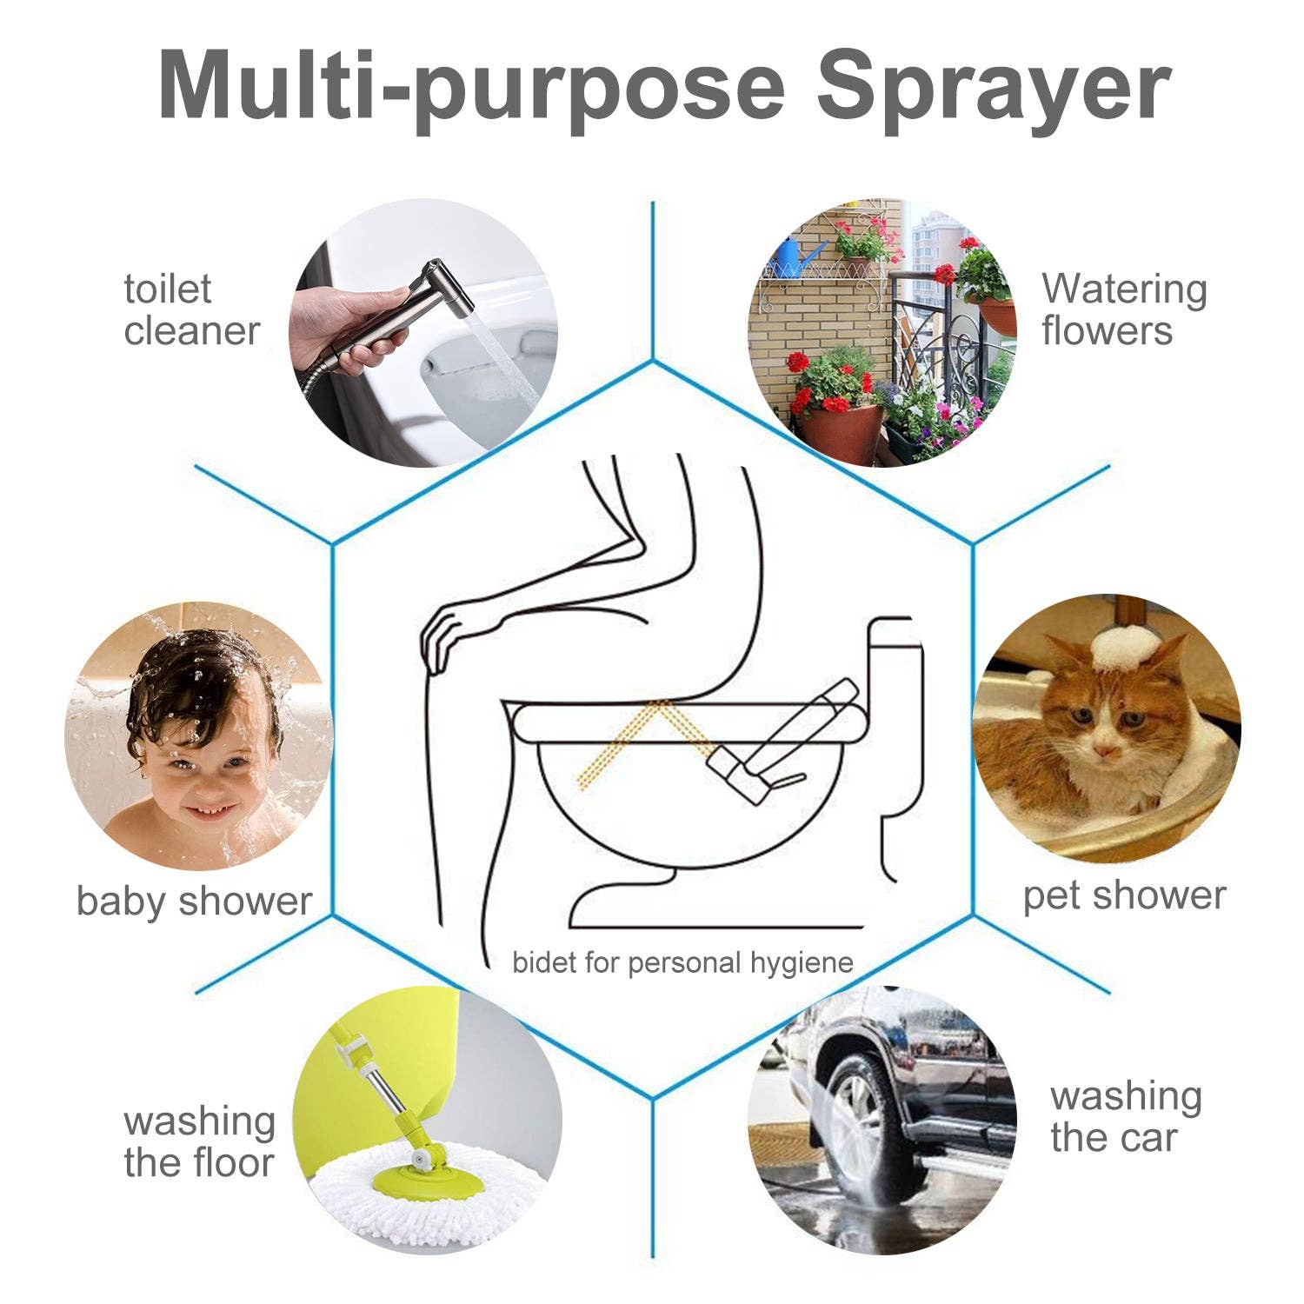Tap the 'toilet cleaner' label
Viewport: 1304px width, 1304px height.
tap(191, 310)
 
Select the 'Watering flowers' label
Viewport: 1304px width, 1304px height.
tap(1123, 310)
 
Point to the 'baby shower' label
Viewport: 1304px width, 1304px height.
tap(193, 901)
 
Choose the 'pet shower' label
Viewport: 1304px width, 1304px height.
tap(1123, 895)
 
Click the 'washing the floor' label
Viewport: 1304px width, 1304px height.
tap(198, 1141)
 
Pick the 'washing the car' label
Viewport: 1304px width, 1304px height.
tap(1125, 1116)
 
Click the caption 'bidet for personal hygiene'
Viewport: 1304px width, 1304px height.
tap(682, 962)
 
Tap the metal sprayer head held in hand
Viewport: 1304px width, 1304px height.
tap(442, 286)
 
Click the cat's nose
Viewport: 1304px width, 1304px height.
tap(1104, 749)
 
